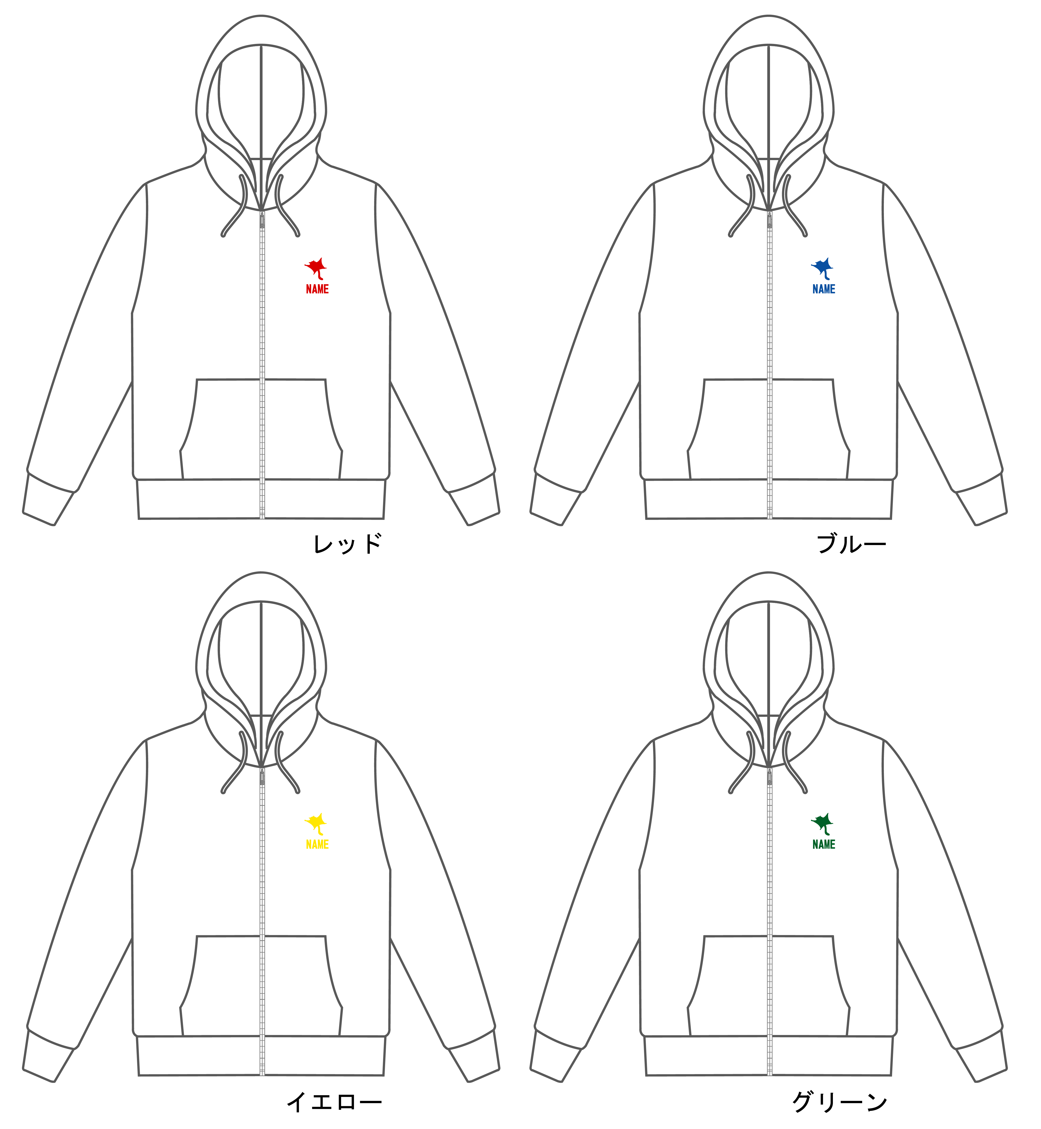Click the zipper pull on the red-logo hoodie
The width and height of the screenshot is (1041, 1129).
[262, 220]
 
